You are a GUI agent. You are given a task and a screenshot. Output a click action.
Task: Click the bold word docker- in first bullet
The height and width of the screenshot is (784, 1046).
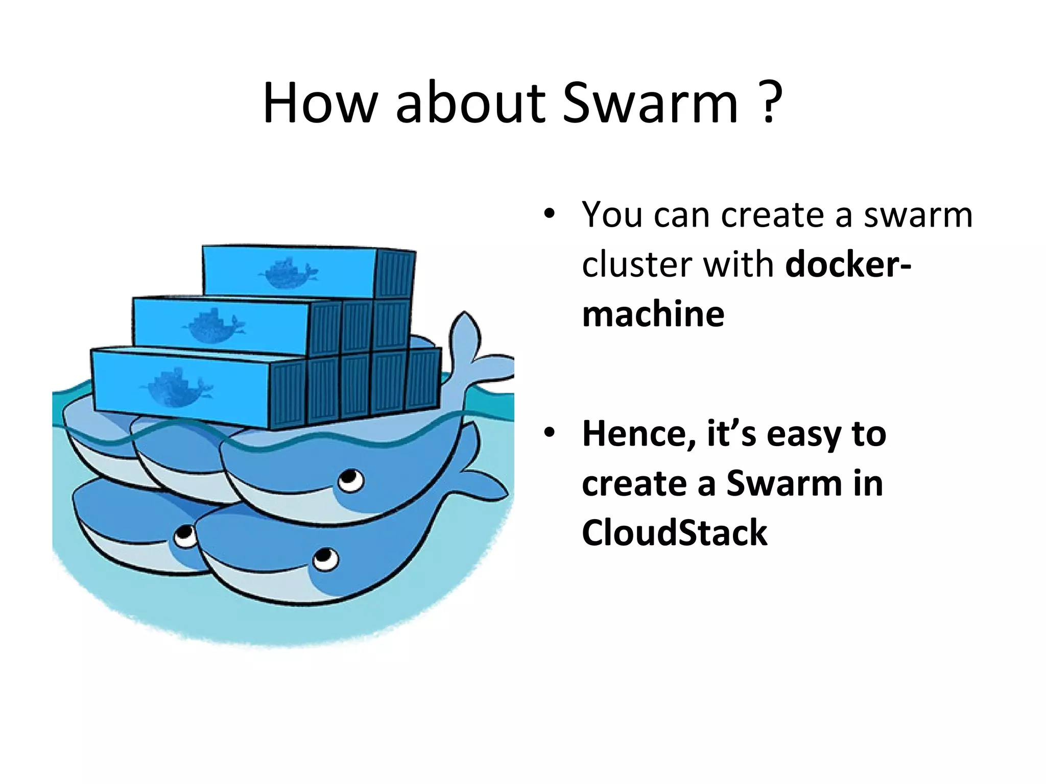coord(848,264)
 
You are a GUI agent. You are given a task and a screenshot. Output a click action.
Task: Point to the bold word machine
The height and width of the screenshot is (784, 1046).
coord(653,313)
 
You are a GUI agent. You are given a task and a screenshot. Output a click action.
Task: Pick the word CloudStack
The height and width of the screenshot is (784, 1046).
coord(674,532)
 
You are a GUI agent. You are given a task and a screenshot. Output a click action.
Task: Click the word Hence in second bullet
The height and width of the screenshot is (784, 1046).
coord(638,434)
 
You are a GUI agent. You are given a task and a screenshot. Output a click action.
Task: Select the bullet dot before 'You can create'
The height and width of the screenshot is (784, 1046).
coord(549,215)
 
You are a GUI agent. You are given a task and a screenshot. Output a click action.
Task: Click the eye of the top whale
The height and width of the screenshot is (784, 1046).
coord(350,480)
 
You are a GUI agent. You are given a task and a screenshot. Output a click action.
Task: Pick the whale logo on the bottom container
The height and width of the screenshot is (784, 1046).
coord(176,388)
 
